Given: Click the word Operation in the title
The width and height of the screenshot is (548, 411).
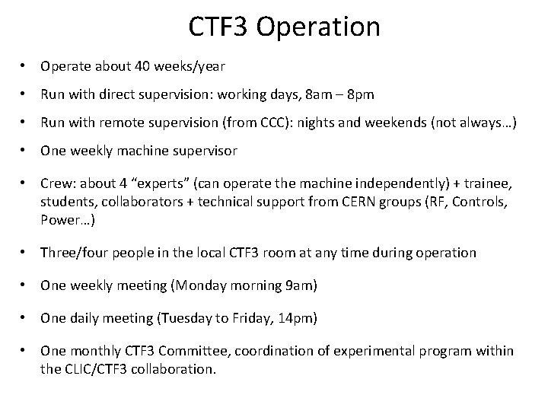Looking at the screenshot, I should coord(318,27).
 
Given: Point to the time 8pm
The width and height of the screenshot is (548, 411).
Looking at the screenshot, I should coord(357,96).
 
